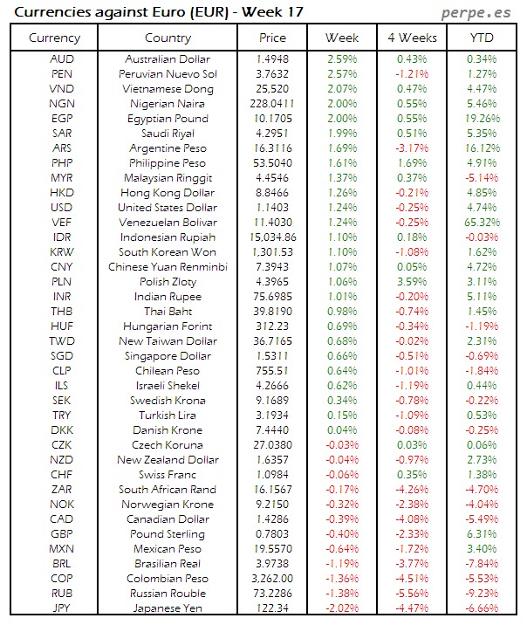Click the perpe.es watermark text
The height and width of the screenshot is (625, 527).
coord(476,12)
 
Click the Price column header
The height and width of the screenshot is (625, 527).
coord(272,38)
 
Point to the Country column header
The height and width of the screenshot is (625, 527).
coord(168,38)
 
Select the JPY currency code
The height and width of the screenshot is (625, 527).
coord(61,608)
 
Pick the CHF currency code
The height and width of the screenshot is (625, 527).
coord(61,475)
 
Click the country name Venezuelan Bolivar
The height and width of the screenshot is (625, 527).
coord(168,223)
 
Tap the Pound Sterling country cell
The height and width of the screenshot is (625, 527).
coord(168,534)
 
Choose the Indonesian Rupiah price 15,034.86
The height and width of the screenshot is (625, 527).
coord(272,237)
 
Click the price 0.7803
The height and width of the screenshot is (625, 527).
coord(272,534)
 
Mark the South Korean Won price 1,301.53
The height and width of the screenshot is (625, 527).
coord(272,252)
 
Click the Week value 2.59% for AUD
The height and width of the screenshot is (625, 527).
coord(341,59)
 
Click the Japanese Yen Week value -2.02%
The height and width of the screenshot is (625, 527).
coord(341,608)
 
